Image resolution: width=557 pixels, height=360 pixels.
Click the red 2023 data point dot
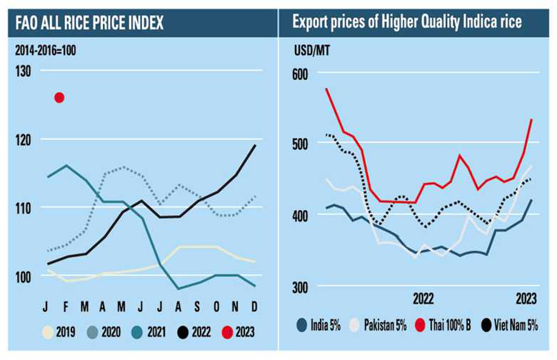(x=59, y=97)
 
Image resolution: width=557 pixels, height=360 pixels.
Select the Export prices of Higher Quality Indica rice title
(x=407, y=22)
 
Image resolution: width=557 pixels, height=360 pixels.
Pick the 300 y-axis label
(x=298, y=286)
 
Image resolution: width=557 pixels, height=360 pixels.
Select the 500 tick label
(x=298, y=146)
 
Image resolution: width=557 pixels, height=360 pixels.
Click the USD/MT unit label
(x=308, y=49)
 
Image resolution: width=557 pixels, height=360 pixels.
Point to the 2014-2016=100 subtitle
(x=45, y=49)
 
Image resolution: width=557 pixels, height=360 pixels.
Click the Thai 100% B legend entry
(x=449, y=326)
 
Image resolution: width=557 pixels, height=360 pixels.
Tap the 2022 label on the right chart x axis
(x=423, y=296)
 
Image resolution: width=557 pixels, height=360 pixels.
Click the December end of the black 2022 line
(x=256, y=146)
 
